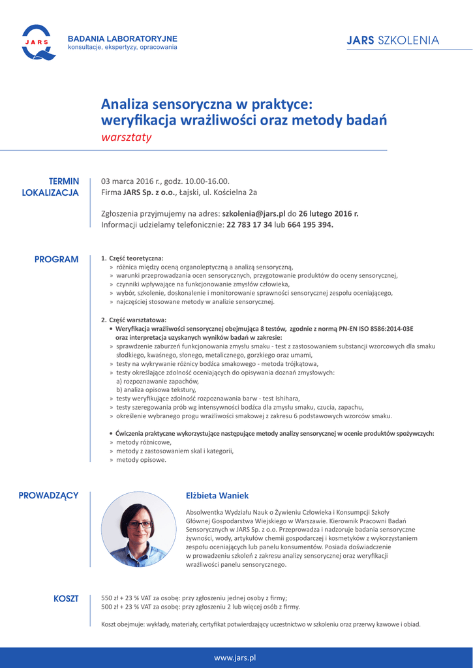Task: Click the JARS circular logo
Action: click(36, 41)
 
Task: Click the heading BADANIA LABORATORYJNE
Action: click(123, 38)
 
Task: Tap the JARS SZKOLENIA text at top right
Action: click(393, 40)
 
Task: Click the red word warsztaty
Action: click(126, 137)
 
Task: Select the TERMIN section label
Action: click(64, 181)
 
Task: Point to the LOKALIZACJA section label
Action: click(50, 192)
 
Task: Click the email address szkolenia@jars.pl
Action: click(254, 213)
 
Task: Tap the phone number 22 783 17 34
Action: click(249, 224)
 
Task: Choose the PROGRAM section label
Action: click(56, 259)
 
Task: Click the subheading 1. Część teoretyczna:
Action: click(132, 258)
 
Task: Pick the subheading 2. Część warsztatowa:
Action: click(134, 320)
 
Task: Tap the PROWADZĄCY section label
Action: click(48, 496)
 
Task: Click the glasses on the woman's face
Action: click(139, 524)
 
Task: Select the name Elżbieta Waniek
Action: click(217, 496)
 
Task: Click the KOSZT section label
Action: click(65, 598)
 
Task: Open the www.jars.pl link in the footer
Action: click(235, 658)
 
